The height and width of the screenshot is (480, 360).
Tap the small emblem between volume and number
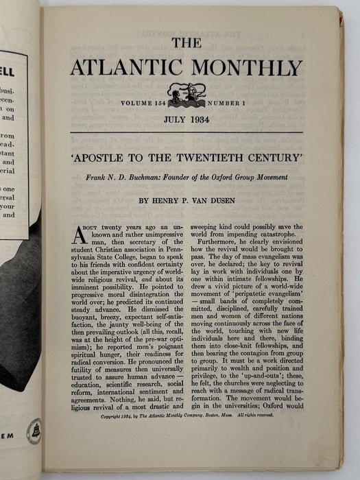click(x=187, y=94)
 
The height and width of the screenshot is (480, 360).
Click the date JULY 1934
click(x=187, y=119)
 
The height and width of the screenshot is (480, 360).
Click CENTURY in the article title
click(x=255, y=156)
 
